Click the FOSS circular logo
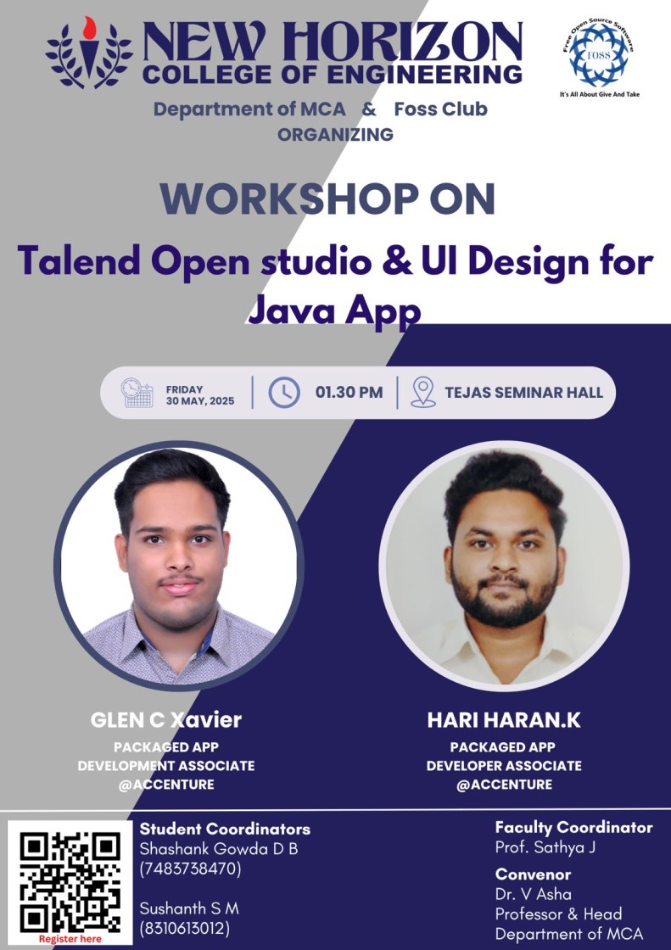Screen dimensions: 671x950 pyautogui.click(x=599, y=55)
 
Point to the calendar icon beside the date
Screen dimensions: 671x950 pyautogui.click(x=137, y=393)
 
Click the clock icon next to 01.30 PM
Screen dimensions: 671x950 pyautogui.click(x=283, y=393)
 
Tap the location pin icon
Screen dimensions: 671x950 pyautogui.click(x=423, y=392)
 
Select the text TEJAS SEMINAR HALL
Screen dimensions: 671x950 pyautogui.click(x=523, y=393)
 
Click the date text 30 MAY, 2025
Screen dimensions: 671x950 pyautogui.click(x=200, y=401)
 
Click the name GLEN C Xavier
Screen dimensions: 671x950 pyautogui.click(x=166, y=720)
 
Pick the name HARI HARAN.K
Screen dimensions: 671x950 pyautogui.click(x=504, y=720)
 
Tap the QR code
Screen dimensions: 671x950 pyautogui.click(x=70, y=882)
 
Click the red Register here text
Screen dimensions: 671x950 pyautogui.click(x=70, y=939)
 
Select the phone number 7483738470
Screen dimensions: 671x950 pyautogui.click(x=190, y=869)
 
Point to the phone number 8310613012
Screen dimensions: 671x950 pyautogui.click(x=185, y=928)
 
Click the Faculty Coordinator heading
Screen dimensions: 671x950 pyautogui.click(x=573, y=828)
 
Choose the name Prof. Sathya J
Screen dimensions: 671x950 pyautogui.click(x=545, y=847)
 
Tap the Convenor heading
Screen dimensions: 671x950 pyautogui.click(x=533, y=875)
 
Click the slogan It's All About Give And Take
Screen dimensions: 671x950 pyautogui.click(x=599, y=94)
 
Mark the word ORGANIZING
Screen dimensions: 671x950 pyautogui.click(x=335, y=135)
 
